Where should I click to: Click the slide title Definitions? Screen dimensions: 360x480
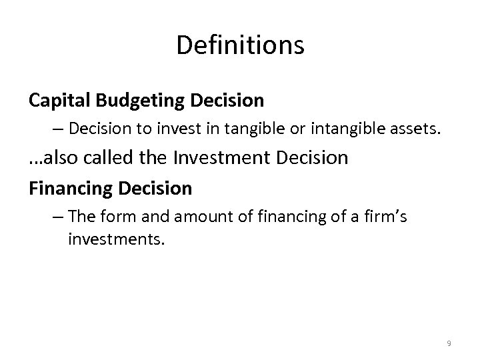(x=240, y=45)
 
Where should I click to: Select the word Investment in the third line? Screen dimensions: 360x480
(x=219, y=159)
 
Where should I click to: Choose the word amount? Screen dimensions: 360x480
(x=199, y=217)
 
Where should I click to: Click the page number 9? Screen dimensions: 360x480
(x=449, y=343)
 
